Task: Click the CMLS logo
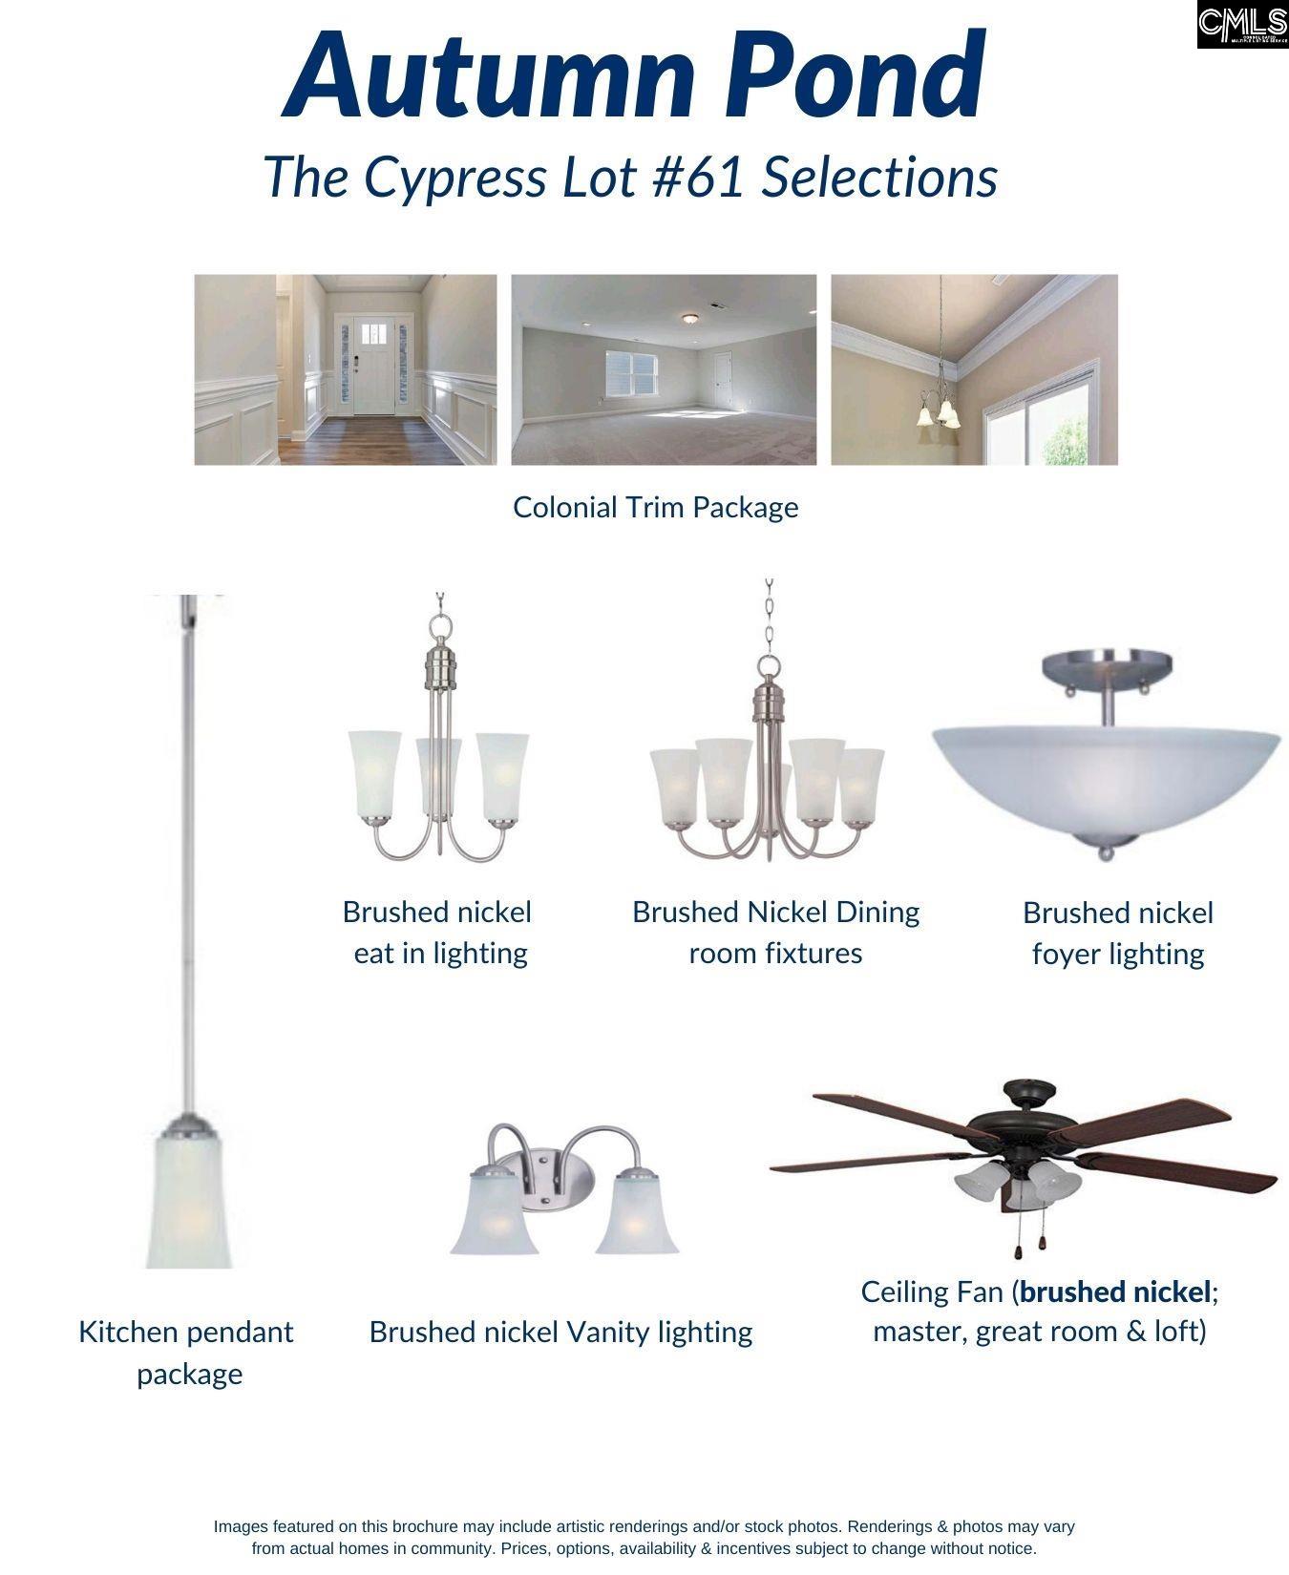coord(1242,25)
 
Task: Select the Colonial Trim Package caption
coord(655,507)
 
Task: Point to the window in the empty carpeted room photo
coord(632,372)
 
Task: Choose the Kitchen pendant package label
coord(187,1353)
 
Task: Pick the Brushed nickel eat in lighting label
coord(438,933)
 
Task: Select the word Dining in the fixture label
coord(877,913)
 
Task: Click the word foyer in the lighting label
coord(1068,954)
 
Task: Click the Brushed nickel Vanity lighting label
coord(560,1333)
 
